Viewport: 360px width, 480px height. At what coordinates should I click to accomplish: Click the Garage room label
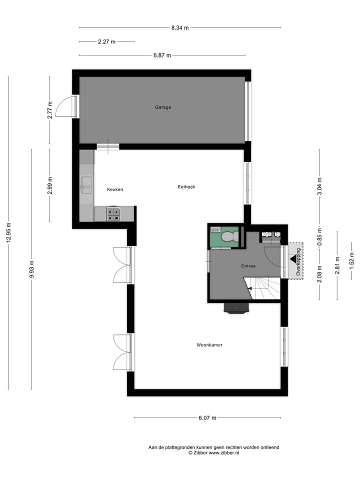pyautogui.click(x=162, y=107)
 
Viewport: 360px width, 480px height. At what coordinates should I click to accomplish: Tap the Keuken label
pyautogui.click(x=115, y=189)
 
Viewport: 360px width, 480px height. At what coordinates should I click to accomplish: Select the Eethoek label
pyautogui.click(x=186, y=187)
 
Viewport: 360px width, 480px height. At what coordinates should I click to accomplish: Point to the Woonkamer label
pyautogui.click(x=209, y=345)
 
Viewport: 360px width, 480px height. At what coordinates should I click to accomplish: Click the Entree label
pyautogui.click(x=248, y=266)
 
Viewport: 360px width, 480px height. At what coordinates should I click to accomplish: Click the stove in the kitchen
pyautogui.click(x=113, y=214)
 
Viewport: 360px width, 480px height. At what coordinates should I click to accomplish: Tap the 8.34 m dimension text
pyautogui.click(x=180, y=28)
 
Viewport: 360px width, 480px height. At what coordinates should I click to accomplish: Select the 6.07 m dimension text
pyautogui.click(x=207, y=418)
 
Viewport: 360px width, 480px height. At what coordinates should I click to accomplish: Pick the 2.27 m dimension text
pyautogui.click(x=106, y=42)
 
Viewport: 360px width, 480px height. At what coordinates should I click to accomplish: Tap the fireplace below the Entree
pyautogui.click(x=236, y=308)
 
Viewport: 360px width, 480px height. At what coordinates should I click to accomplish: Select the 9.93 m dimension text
pyautogui.click(x=31, y=269)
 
